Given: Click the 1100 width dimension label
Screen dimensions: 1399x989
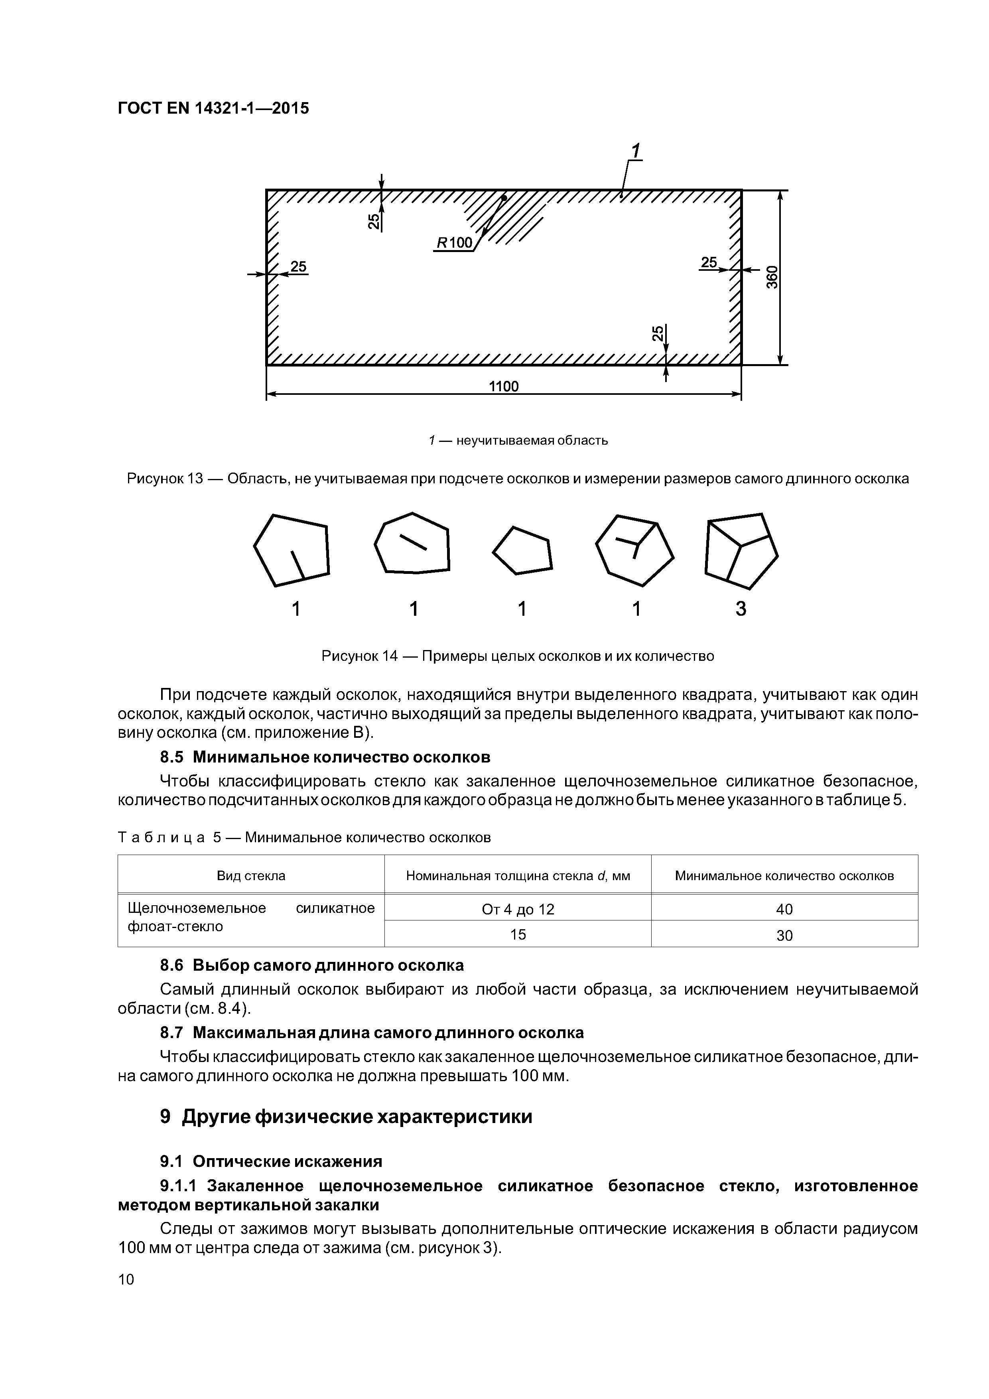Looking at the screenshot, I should pyautogui.click(x=503, y=386).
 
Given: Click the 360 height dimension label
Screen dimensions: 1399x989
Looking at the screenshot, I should pyautogui.click(x=772, y=277).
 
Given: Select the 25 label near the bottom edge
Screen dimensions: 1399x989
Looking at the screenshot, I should pyautogui.click(x=658, y=333).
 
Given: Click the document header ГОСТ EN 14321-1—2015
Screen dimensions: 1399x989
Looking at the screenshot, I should pyautogui.click(x=213, y=108).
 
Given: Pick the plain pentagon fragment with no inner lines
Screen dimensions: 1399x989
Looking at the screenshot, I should pyautogui.click(x=522, y=550).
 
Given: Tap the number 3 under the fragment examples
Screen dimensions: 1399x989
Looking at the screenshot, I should pyautogui.click(x=741, y=609).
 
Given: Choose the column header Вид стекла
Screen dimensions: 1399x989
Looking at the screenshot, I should pyautogui.click(x=251, y=876).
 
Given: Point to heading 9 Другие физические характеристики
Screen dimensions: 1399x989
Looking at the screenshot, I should pyautogui.click(x=346, y=1117).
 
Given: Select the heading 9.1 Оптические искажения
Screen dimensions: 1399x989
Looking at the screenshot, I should pyautogui.click(x=271, y=1161).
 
